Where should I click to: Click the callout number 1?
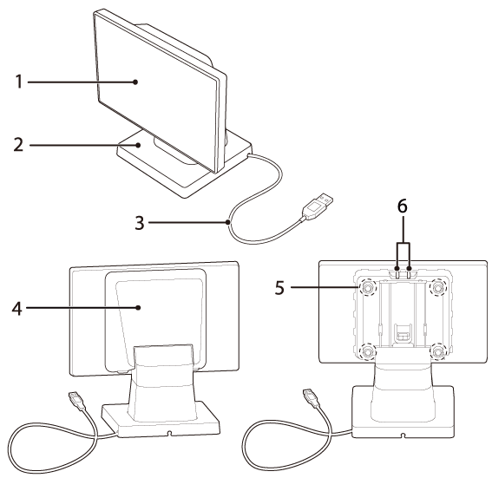(19, 82)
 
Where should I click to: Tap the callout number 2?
(18, 145)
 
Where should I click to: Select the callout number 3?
(140, 223)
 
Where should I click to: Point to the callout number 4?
(17, 308)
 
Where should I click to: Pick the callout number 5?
(279, 287)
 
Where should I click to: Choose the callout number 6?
(403, 206)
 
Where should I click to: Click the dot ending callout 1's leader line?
(135, 82)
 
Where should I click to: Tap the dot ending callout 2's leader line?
(138, 145)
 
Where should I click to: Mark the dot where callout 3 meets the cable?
(228, 222)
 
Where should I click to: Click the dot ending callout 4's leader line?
(138, 308)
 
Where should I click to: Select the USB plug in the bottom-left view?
(76, 401)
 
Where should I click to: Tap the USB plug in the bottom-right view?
(312, 398)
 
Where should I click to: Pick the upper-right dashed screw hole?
(437, 286)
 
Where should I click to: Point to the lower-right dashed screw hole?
(437, 351)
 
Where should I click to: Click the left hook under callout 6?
(397, 273)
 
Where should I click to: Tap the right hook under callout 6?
(409, 273)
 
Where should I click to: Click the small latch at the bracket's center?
(403, 333)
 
